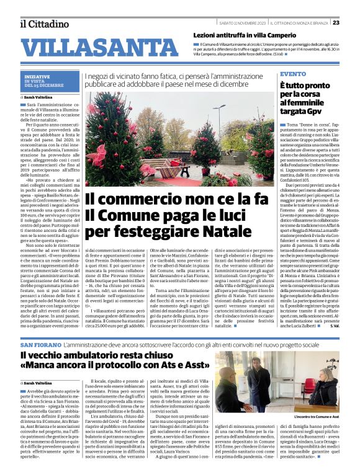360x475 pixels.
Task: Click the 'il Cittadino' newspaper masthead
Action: click(43, 24)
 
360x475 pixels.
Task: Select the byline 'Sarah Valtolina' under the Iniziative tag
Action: click(38, 97)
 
